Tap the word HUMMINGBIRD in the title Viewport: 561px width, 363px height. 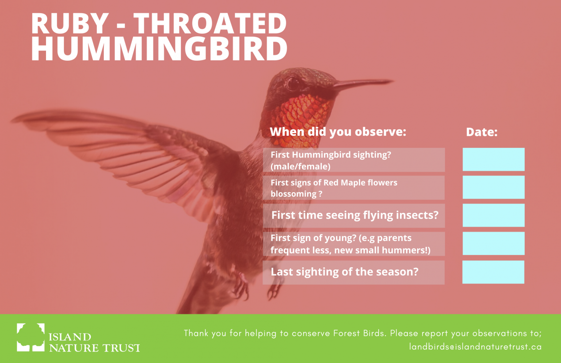coord(159,49)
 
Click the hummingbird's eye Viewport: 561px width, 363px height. coord(293,83)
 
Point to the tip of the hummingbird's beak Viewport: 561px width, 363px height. coord(393,81)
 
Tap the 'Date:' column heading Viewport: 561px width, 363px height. coord(482,132)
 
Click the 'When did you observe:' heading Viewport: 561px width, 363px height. coord(338,132)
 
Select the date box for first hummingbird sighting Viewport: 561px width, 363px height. coord(493,160)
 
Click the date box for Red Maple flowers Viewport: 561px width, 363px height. coord(493,187)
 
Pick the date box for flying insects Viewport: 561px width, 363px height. coord(493,215)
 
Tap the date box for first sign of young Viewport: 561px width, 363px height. coord(493,243)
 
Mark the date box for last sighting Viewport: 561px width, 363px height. coord(493,272)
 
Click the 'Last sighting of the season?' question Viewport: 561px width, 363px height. coord(345,272)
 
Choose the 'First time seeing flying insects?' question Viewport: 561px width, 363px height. coord(355,215)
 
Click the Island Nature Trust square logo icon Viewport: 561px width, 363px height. coord(31,337)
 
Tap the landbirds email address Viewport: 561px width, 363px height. coord(475,347)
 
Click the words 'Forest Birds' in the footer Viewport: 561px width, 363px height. coord(359,333)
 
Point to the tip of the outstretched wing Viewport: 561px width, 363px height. coord(11,121)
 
